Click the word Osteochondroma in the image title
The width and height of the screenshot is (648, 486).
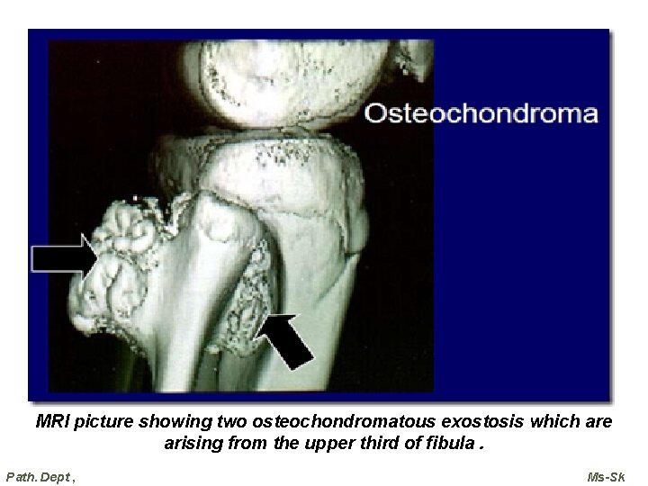pos(481,113)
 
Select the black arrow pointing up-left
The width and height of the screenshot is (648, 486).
pos(290,339)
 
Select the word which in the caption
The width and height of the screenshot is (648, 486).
pos(552,421)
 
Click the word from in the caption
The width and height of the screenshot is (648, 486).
pos(247,443)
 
